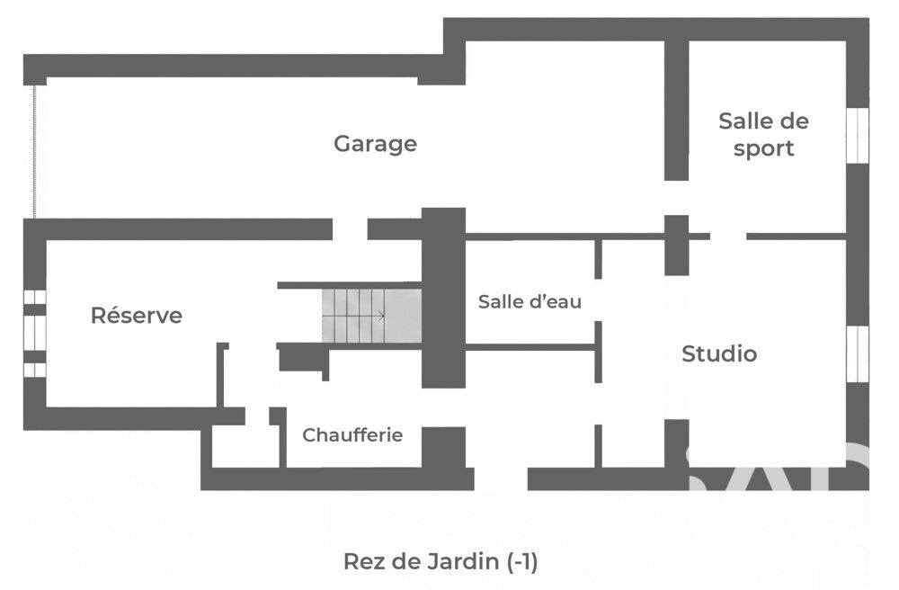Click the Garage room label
(x=375, y=143)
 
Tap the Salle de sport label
(x=763, y=134)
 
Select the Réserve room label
(x=137, y=316)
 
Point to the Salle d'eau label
(x=530, y=301)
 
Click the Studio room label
(x=719, y=353)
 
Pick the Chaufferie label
(x=352, y=435)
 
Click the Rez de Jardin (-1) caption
(x=441, y=562)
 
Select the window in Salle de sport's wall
(x=858, y=135)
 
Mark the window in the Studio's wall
(x=858, y=353)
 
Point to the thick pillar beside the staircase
(x=443, y=297)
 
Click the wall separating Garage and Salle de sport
(x=676, y=108)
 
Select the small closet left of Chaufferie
(x=245, y=447)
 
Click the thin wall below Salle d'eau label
(x=530, y=346)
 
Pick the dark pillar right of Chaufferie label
(x=443, y=447)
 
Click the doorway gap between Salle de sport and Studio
(x=727, y=236)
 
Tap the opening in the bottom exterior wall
(x=501, y=478)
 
